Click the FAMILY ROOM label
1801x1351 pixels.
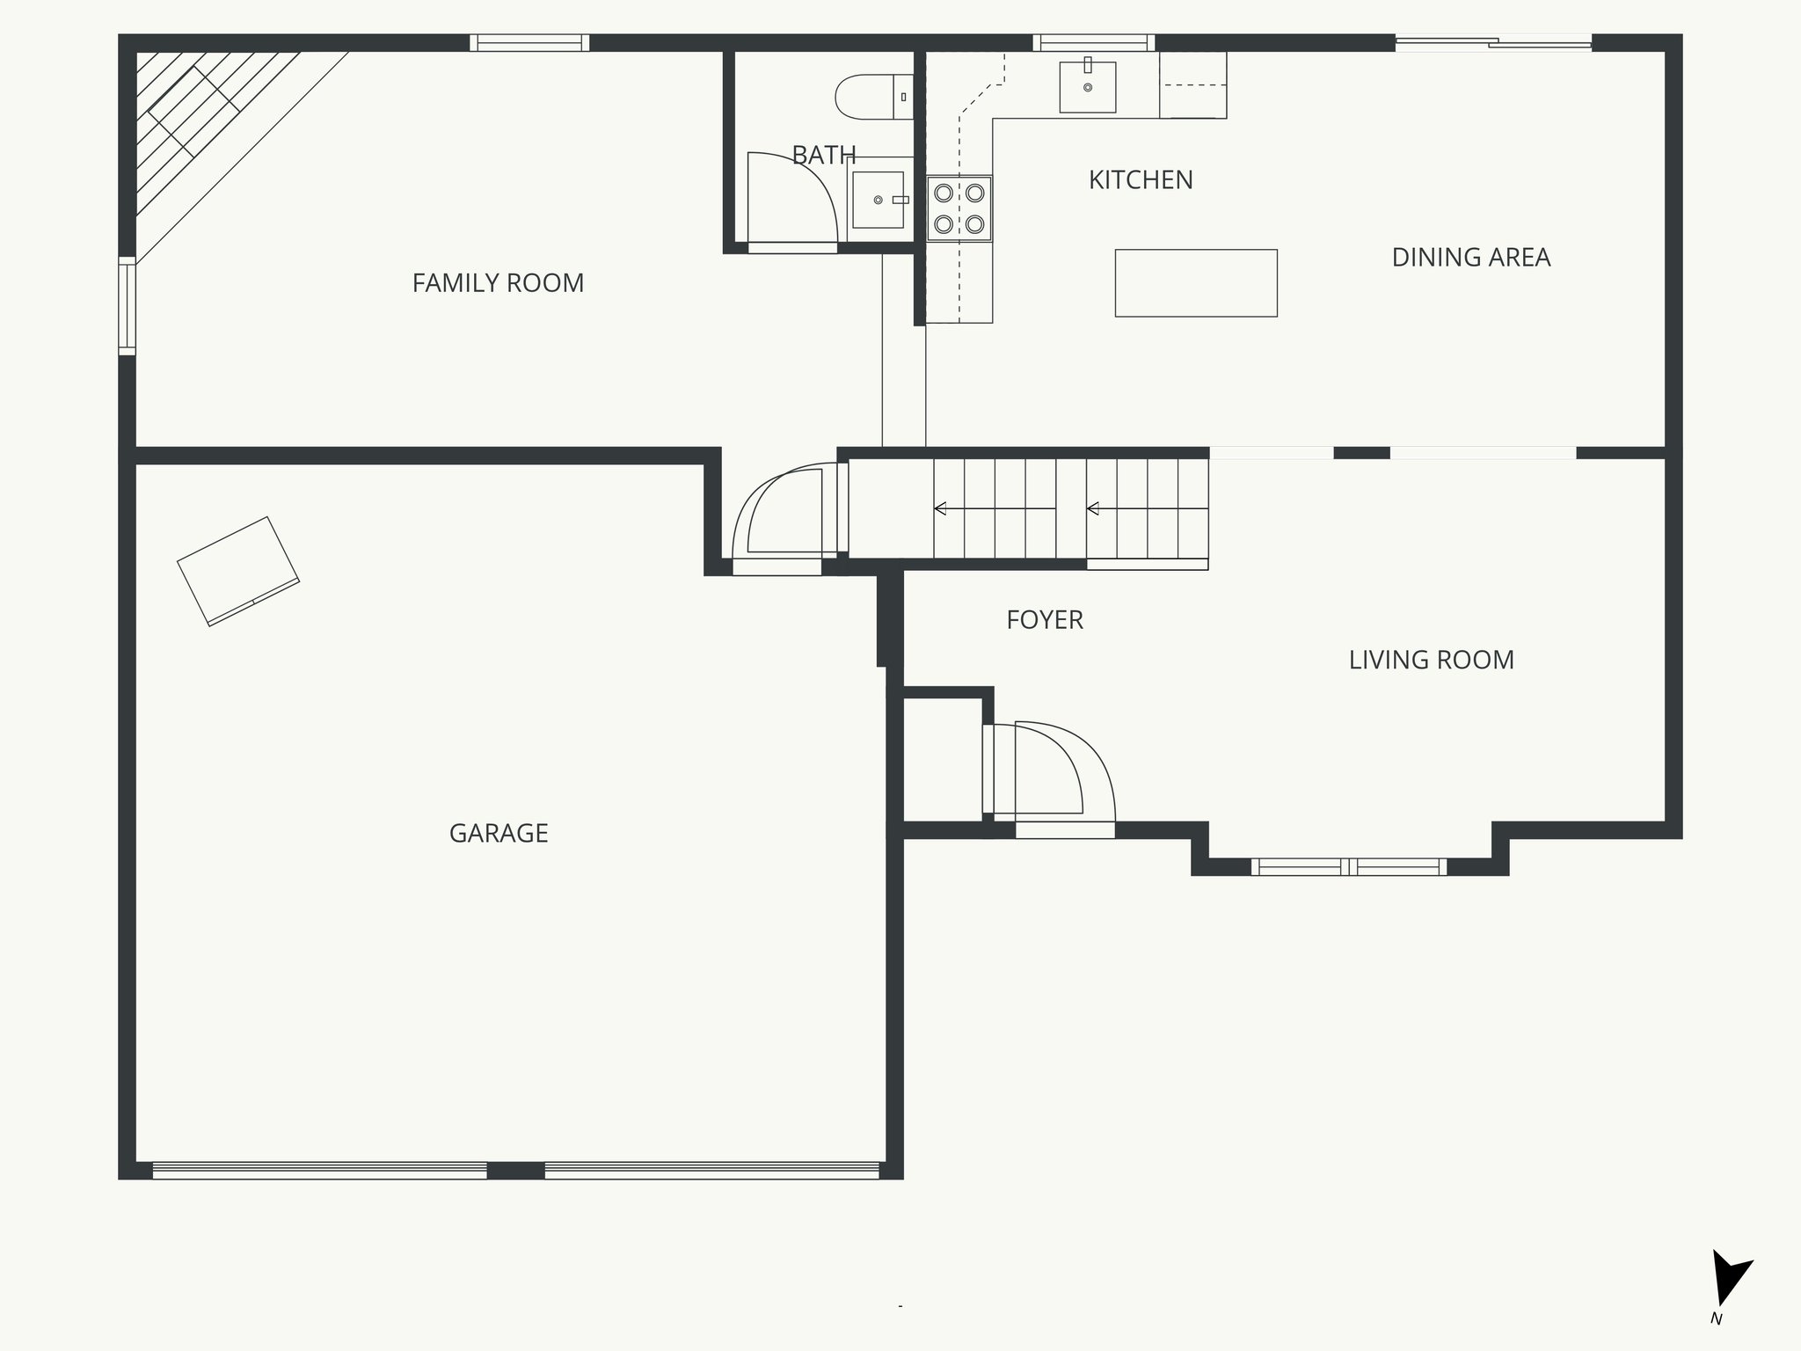498,283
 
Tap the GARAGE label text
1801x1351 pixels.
499,833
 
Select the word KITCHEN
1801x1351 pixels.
1141,180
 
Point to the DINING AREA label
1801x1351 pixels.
1470,258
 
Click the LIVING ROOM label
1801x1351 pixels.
1431,660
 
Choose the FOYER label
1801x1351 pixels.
1044,620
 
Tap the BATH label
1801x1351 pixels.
823,156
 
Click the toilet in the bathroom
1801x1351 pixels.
871,97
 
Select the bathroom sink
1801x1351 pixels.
878,200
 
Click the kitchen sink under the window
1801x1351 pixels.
1088,86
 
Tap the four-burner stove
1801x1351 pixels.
959,208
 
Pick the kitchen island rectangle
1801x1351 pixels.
1196,282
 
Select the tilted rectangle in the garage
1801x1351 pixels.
238,571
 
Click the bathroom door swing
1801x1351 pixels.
787,198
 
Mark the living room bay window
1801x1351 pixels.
1348,867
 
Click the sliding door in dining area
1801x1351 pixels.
1493,42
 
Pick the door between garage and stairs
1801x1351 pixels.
783,519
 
